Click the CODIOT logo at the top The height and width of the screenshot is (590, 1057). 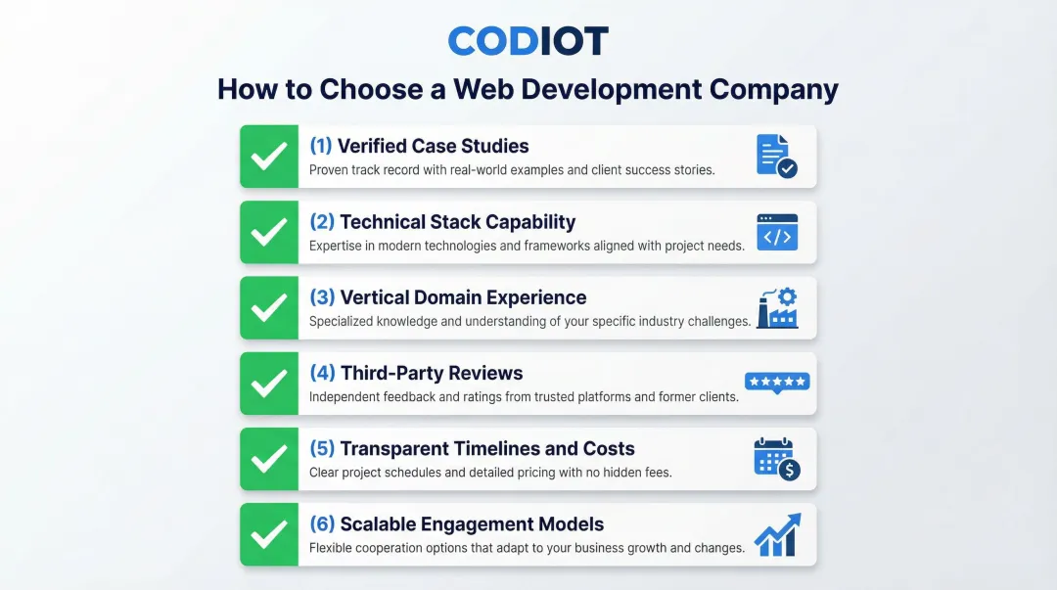pos(528,41)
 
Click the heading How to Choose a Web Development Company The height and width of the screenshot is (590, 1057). pos(528,89)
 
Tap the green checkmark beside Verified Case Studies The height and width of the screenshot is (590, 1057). pos(269,157)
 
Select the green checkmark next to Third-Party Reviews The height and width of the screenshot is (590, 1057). pos(269,384)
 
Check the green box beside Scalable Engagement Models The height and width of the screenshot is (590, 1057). pos(269,535)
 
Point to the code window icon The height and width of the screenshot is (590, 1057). pos(777,233)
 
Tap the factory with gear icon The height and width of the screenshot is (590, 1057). pos(777,308)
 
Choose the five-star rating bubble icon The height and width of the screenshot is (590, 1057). pos(777,383)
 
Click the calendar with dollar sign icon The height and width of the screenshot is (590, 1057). pos(777,459)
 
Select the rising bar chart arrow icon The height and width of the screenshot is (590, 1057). pos(777,534)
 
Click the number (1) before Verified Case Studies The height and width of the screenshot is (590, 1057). pos(321,146)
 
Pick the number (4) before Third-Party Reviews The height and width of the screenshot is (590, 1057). pos(322,373)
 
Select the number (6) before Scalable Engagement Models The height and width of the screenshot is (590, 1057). pos(322,524)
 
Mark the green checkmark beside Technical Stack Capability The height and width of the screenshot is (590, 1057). pos(269,233)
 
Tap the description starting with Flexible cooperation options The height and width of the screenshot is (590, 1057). pos(527,548)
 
